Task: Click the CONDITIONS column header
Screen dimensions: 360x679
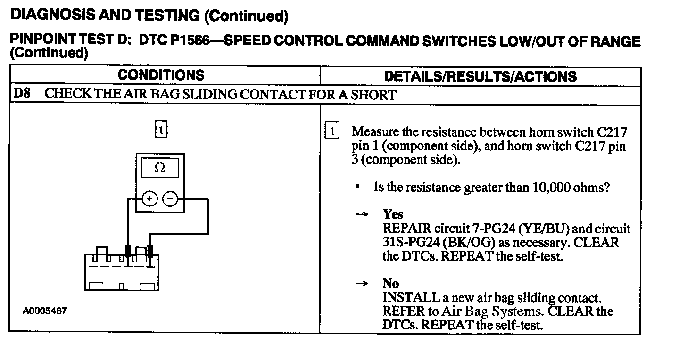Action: pyautogui.click(x=161, y=75)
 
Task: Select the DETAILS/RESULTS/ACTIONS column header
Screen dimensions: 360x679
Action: pyautogui.click(x=480, y=76)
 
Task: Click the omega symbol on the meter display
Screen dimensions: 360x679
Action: pyautogui.click(x=160, y=168)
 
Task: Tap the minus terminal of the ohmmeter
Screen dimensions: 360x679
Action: pyautogui.click(x=170, y=199)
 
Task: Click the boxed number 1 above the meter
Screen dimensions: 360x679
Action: pyautogui.click(x=161, y=129)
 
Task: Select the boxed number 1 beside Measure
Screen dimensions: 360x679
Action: pyautogui.click(x=332, y=131)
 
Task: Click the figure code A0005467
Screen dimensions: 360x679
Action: pyautogui.click(x=44, y=311)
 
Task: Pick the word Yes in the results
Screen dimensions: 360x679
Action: pyautogui.click(x=393, y=215)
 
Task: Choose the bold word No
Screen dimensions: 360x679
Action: pyautogui.click(x=391, y=284)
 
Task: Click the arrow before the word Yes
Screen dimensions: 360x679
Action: pyautogui.click(x=361, y=215)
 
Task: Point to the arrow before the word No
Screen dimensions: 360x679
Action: pyautogui.click(x=361, y=284)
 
